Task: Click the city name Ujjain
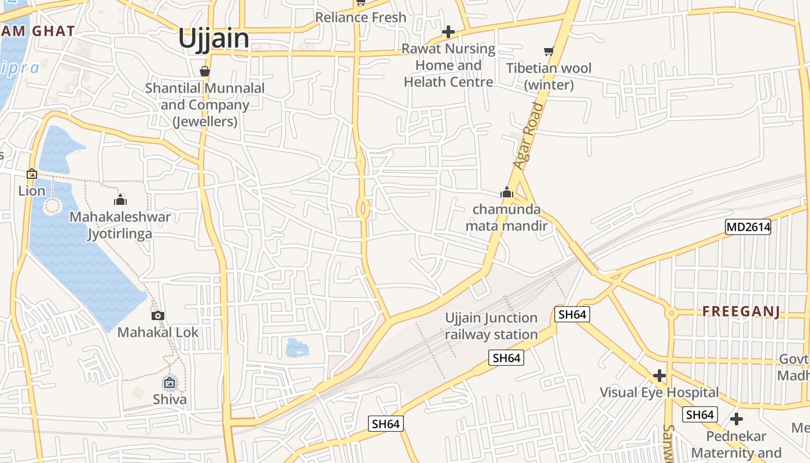(x=213, y=38)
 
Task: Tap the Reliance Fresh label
(x=360, y=17)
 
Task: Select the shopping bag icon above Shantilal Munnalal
(x=204, y=71)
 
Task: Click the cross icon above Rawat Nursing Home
(x=448, y=32)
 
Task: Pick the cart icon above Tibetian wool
(x=548, y=52)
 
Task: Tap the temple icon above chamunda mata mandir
(x=507, y=192)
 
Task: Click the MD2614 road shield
(x=748, y=227)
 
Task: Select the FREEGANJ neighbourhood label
(x=741, y=312)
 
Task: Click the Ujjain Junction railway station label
(x=491, y=326)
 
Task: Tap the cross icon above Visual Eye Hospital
(x=659, y=376)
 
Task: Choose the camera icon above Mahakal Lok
(x=158, y=315)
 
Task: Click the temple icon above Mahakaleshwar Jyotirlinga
(x=120, y=200)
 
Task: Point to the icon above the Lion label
(x=32, y=174)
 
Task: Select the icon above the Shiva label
(x=170, y=383)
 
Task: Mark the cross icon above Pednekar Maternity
(x=737, y=418)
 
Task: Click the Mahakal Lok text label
(x=158, y=332)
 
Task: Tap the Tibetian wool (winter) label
(x=548, y=76)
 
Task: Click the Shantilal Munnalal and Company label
(x=205, y=105)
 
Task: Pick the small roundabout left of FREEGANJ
(x=671, y=314)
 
